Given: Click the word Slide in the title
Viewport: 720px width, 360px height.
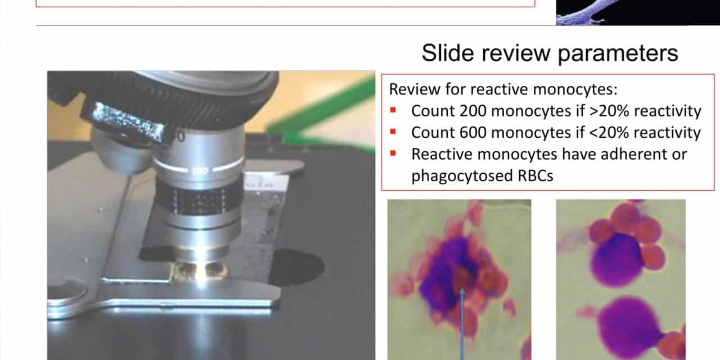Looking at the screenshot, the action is pyautogui.click(x=448, y=53).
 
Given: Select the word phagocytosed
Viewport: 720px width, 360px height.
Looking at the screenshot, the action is pyautogui.click(x=462, y=176).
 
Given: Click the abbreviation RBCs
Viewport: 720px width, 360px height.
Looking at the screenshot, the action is pyautogui.click(x=535, y=176).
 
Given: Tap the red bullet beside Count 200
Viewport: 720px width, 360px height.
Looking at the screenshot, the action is pyautogui.click(x=393, y=110).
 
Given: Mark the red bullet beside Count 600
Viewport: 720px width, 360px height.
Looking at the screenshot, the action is pyautogui.click(x=393, y=132).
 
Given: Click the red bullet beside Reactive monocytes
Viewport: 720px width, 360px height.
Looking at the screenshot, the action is pyautogui.click(x=393, y=154).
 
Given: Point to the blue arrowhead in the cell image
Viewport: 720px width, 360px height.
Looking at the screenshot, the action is pyautogui.click(x=462, y=292).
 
